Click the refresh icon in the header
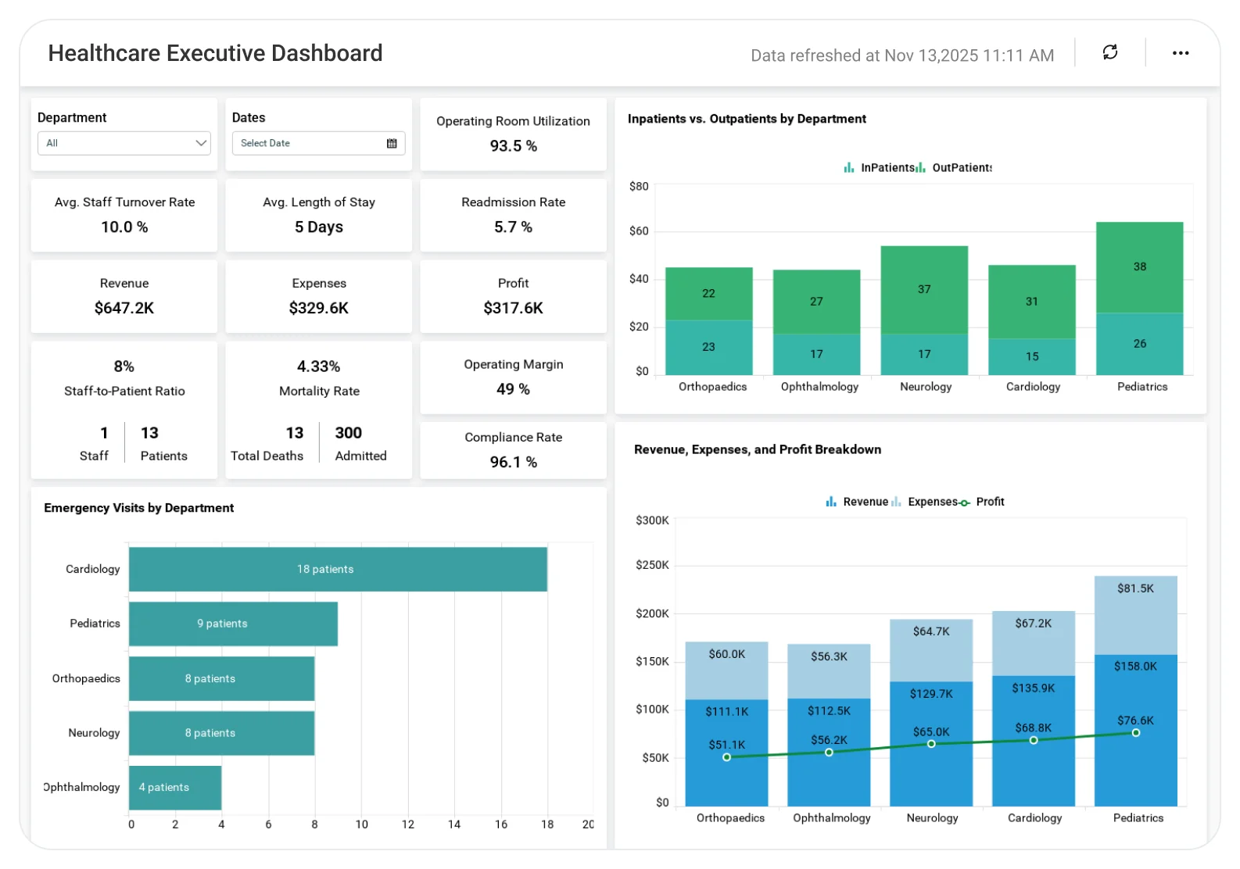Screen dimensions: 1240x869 1110,52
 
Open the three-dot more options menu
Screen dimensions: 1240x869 1181,53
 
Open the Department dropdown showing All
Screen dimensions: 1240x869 124,143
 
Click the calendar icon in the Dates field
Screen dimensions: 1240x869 392,143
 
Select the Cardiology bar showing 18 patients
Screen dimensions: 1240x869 338,569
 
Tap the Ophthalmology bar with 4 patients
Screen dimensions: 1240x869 175,787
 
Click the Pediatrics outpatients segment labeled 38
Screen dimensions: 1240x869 1139,267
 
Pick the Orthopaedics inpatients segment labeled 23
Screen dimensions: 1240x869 708,348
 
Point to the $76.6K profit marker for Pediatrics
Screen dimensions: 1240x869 1135,732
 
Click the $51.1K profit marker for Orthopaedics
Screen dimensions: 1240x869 726,756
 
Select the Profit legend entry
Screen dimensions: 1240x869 981,502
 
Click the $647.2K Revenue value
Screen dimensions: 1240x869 124,308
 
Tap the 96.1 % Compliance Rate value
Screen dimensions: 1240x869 513,462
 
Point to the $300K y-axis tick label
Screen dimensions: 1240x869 652,520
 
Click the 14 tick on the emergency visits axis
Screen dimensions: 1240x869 454,824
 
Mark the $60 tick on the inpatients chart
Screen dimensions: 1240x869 639,231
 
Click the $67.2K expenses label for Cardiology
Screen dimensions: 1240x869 1033,624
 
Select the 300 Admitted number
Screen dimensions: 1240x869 348,433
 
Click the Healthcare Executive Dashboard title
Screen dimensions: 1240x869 215,53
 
